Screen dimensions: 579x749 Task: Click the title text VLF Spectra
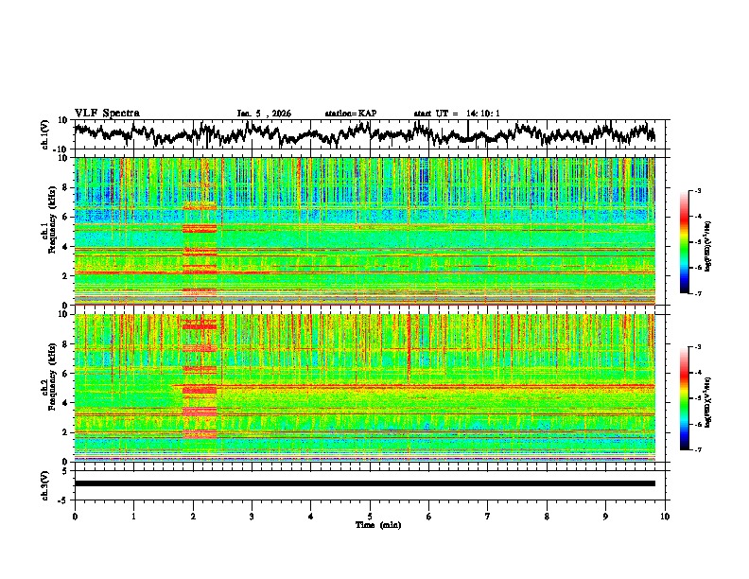[x=107, y=113]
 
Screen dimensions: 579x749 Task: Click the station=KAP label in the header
[x=351, y=114]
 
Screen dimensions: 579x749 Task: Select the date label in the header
[x=264, y=114]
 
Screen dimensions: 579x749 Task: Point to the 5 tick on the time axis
[x=370, y=516]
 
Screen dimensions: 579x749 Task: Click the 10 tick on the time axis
[x=665, y=516]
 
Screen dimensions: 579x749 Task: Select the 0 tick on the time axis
[x=75, y=516]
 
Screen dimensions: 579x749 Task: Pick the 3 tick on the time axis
[x=252, y=516]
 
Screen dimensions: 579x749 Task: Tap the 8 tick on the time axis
[x=547, y=516]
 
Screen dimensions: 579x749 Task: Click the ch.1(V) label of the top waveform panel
[x=45, y=135]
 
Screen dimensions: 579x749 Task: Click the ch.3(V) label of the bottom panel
[x=45, y=483]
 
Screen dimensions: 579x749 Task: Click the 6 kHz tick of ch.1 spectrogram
[x=66, y=217]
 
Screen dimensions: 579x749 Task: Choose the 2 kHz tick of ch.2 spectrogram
[x=66, y=432]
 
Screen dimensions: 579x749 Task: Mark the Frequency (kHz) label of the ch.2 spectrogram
[x=55, y=388]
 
